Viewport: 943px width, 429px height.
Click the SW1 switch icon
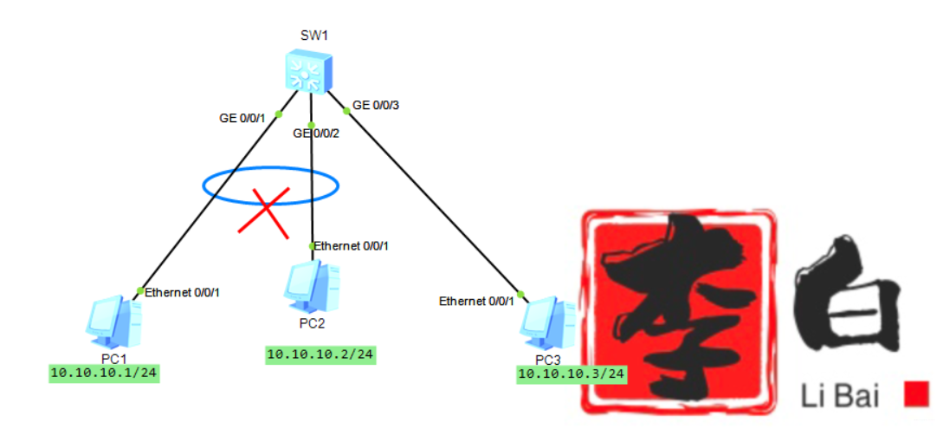click(307, 72)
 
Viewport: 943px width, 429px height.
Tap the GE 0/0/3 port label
click(375, 106)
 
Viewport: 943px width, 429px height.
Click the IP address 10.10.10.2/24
click(320, 354)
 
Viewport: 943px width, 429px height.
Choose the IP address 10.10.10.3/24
click(571, 374)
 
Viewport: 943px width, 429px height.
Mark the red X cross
click(264, 211)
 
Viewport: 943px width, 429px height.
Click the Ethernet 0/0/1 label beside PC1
click(182, 293)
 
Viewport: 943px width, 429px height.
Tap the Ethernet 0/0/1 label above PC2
click(352, 246)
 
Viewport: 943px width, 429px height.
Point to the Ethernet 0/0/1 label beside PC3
click(476, 302)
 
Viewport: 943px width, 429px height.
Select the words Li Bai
click(841, 397)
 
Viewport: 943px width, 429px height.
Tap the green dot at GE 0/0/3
click(346, 109)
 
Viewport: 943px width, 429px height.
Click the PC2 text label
click(311, 323)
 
